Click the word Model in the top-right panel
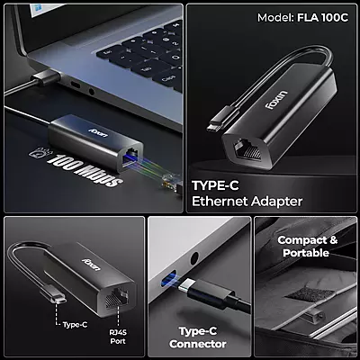click(274, 17)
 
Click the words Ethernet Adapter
click(247, 202)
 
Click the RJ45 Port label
click(116, 335)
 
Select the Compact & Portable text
click(309, 247)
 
